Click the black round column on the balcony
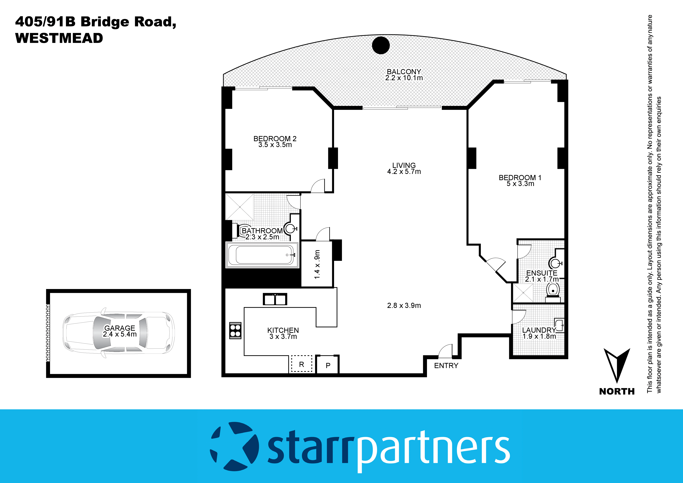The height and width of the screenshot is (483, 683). coord(381,45)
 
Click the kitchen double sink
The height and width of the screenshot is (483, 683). coord(275,299)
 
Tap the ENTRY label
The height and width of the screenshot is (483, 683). coord(446,366)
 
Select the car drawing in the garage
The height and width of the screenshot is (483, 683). coord(118,332)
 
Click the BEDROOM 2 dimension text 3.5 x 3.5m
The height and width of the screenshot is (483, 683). coord(275,145)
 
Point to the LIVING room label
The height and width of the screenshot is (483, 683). coord(404,165)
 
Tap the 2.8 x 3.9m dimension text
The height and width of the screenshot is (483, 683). coord(404,306)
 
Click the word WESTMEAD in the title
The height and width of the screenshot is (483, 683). coord(59,38)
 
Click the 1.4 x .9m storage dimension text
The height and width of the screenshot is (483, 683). coord(317,264)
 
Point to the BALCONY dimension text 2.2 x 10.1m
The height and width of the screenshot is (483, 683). coord(404,78)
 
